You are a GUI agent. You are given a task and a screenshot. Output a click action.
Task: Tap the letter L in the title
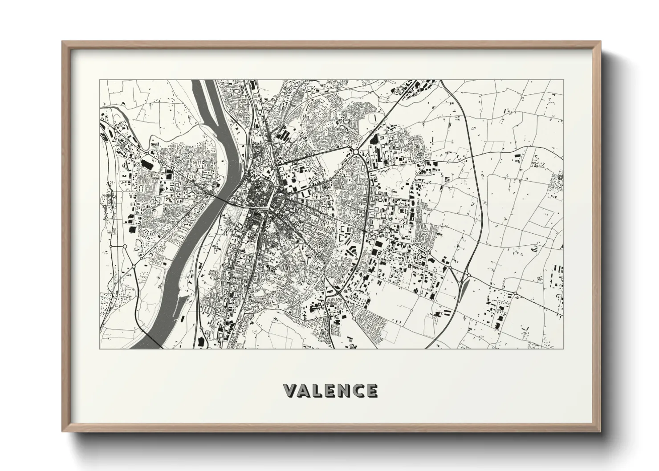[319, 390]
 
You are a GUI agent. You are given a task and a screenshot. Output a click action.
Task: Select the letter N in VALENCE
[344, 390]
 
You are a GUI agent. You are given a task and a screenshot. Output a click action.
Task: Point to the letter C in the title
[358, 390]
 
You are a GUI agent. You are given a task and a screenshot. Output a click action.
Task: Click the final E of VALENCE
[372, 390]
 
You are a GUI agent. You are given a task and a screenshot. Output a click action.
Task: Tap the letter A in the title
[305, 390]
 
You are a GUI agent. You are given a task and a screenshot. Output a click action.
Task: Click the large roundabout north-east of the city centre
[357, 152]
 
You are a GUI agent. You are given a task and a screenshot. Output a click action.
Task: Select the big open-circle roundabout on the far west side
[125, 246]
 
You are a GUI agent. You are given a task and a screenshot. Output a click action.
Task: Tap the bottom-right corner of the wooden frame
[599, 431]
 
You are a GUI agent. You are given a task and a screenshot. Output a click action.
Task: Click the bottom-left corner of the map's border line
[100, 349]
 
